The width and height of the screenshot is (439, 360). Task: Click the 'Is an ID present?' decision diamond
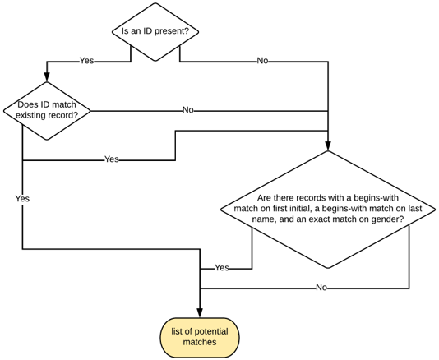[155, 31]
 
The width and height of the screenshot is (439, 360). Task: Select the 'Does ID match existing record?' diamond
[47, 110]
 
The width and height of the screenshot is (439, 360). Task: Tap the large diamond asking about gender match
[327, 209]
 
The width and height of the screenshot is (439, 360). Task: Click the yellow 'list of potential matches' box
[200, 336]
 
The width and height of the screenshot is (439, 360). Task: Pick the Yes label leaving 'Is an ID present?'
[86, 61]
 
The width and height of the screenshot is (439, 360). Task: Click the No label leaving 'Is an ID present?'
[262, 61]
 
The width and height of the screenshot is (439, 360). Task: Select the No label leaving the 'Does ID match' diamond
[187, 110]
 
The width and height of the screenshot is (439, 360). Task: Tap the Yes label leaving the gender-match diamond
[221, 268]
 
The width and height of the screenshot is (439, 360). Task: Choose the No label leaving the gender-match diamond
[321, 288]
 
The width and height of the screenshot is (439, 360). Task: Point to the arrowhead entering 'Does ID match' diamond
[47, 77]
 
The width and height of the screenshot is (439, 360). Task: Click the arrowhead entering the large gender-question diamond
[327, 145]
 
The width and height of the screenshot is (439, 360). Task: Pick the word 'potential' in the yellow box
[216, 330]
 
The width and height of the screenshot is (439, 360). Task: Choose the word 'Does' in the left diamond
[29, 104]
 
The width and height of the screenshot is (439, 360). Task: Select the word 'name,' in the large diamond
[263, 219]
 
